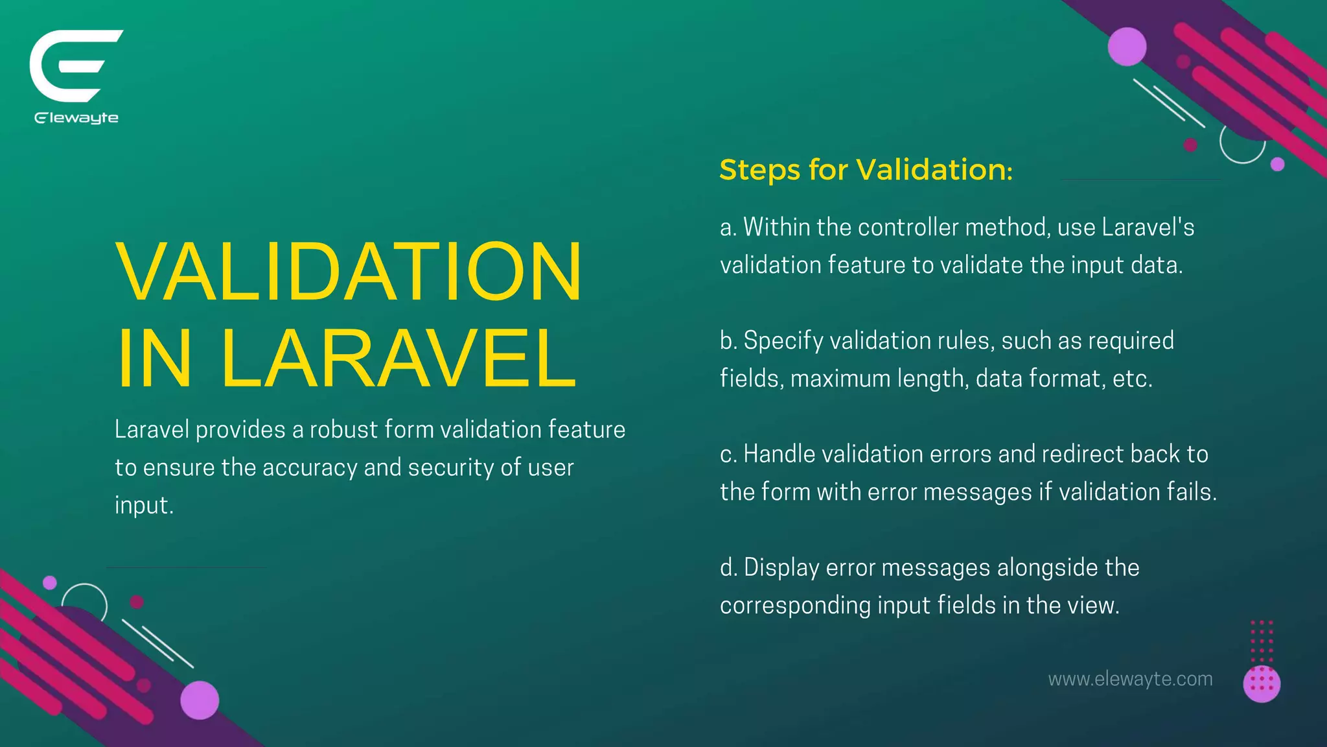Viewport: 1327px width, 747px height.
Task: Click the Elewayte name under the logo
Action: click(76, 118)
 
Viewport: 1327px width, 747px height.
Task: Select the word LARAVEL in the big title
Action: click(398, 358)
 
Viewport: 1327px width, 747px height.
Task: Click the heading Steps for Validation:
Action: click(866, 170)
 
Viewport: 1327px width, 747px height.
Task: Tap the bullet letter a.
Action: click(727, 228)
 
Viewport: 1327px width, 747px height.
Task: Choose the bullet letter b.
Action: click(727, 341)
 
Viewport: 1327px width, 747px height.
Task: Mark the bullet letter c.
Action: click(727, 455)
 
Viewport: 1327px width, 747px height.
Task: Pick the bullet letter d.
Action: click(728, 568)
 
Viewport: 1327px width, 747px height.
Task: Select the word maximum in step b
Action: click(840, 379)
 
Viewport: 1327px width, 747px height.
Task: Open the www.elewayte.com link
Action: click(1130, 679)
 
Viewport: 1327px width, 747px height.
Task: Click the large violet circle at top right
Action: click(1127, 47)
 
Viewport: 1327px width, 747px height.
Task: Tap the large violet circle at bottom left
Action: click(200, 700)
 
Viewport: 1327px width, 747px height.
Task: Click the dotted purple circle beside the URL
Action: click(1262, 683)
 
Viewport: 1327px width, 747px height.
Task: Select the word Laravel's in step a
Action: click(1148, 228)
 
